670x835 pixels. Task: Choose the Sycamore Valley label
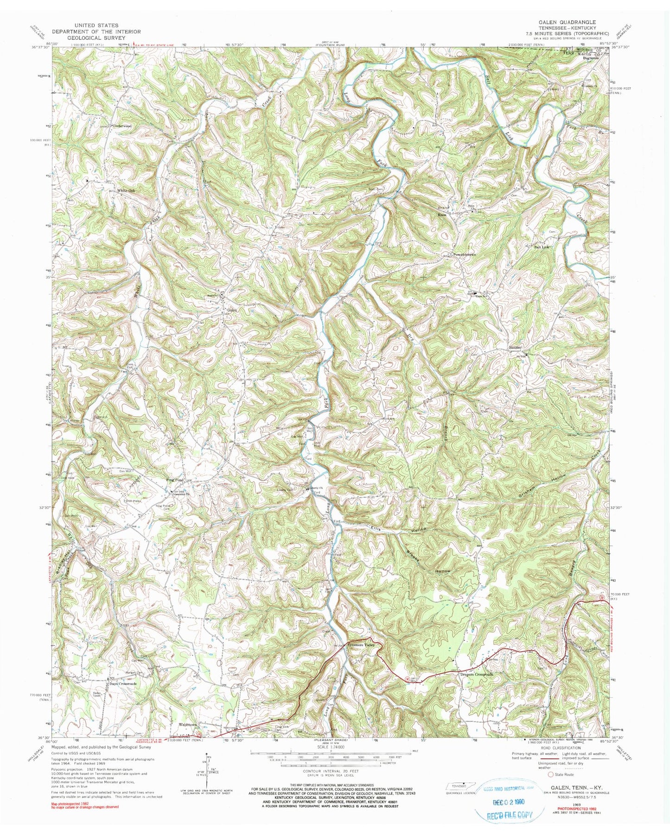point(363,645)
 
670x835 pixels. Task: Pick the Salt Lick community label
point(543,247)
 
